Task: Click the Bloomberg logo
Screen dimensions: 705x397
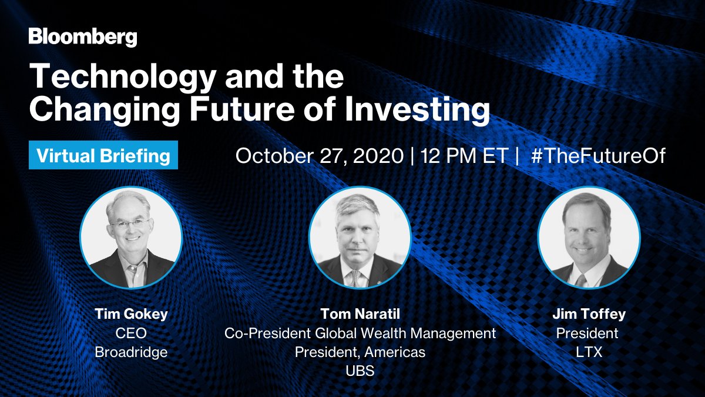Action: [x=83, y=38]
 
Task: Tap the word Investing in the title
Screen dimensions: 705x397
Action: [x=417, y=109]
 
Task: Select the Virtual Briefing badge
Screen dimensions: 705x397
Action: [x=103, y=155]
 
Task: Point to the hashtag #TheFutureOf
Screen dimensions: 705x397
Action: [x=598, y=156]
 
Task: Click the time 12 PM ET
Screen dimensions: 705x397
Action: [x=465, y=156]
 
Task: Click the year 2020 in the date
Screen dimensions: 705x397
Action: [x=378, y=156]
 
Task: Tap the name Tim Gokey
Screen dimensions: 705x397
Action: [x=131, y=314]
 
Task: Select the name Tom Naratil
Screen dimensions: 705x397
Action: [x=360, y=314]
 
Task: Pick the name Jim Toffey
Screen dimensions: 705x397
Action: [x=589, y=314]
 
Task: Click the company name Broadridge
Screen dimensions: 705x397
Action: [x=131, y=352]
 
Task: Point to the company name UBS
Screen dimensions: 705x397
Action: [x=360, y=371]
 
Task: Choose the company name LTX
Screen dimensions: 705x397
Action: [x=589, y=352]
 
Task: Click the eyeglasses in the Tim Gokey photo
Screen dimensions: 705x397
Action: [x=130, y=224]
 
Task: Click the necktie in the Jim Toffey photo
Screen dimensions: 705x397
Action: [x=580, y=281]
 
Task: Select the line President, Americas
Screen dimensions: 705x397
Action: [x=360, y=352]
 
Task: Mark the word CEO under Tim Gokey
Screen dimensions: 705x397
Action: [x=131, y=333]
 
